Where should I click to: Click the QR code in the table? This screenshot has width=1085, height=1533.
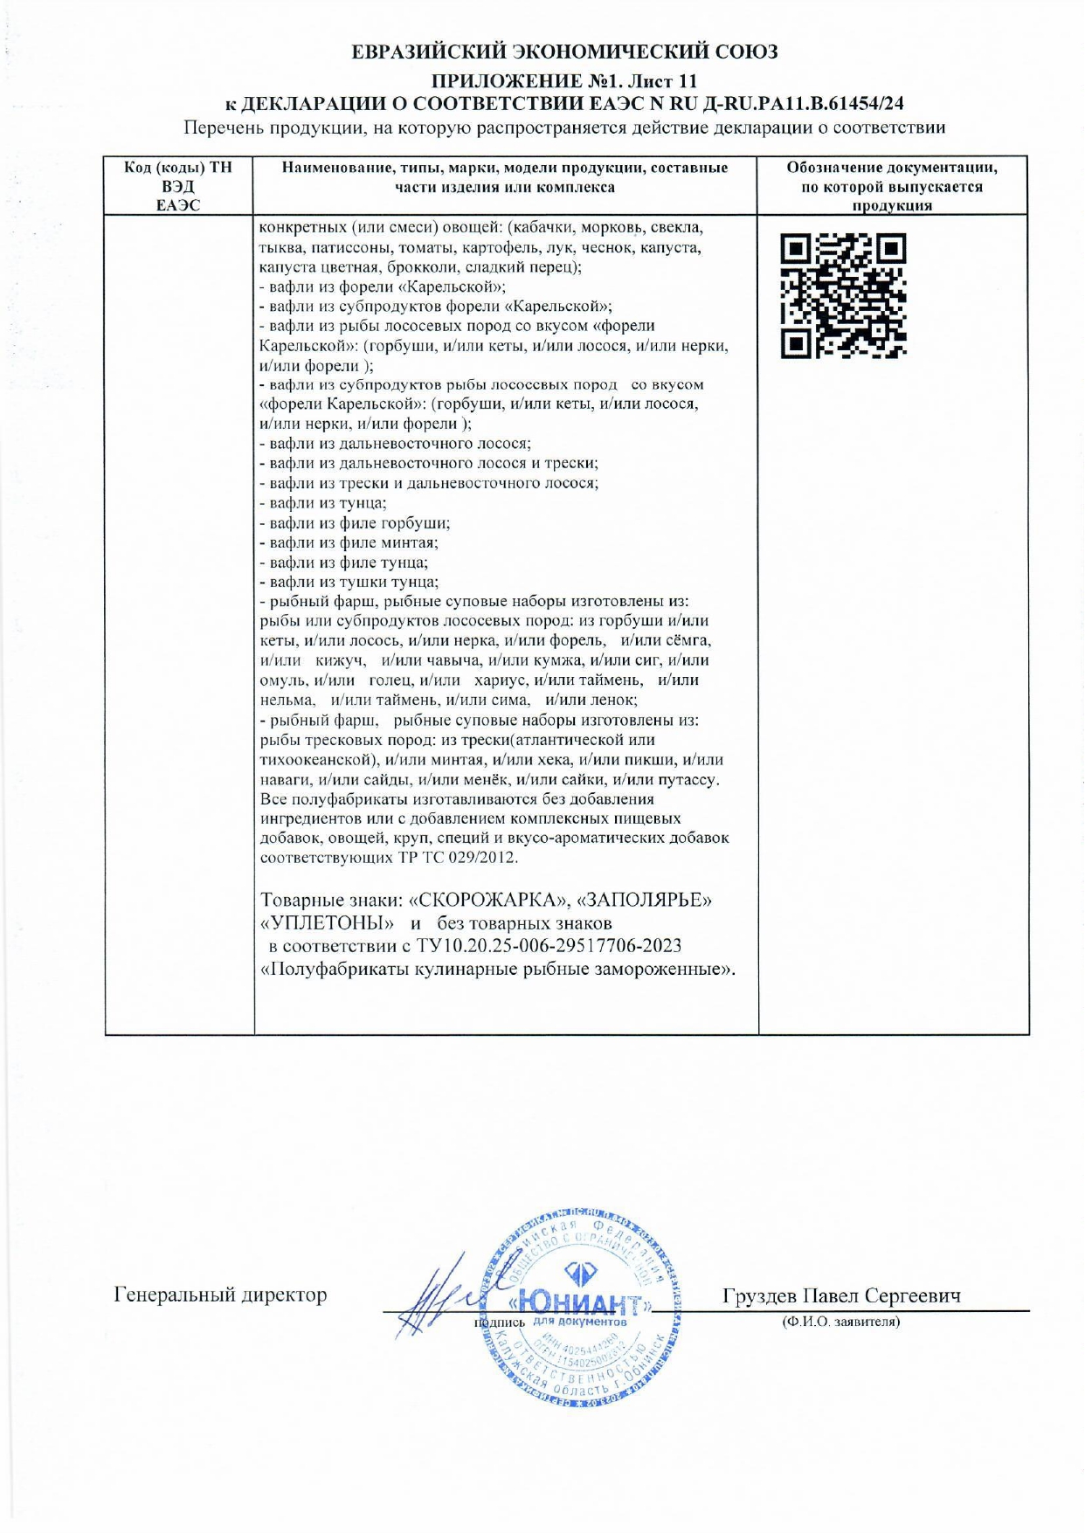tap(843, 296)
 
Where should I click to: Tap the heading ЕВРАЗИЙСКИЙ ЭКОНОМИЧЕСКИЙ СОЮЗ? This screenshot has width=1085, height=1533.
tap(564, 52)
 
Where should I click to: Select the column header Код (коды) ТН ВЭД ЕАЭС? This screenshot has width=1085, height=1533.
tap(178, 186)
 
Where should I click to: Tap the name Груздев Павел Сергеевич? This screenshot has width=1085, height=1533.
tap(841, 1295)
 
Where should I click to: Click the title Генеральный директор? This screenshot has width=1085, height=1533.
tap(220, 1295)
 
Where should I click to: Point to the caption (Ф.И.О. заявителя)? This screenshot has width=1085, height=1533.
tap(840, 1322)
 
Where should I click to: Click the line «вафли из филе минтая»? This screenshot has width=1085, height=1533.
tap(353, 543)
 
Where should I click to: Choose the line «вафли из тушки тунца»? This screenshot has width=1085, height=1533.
tap(353, 583)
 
